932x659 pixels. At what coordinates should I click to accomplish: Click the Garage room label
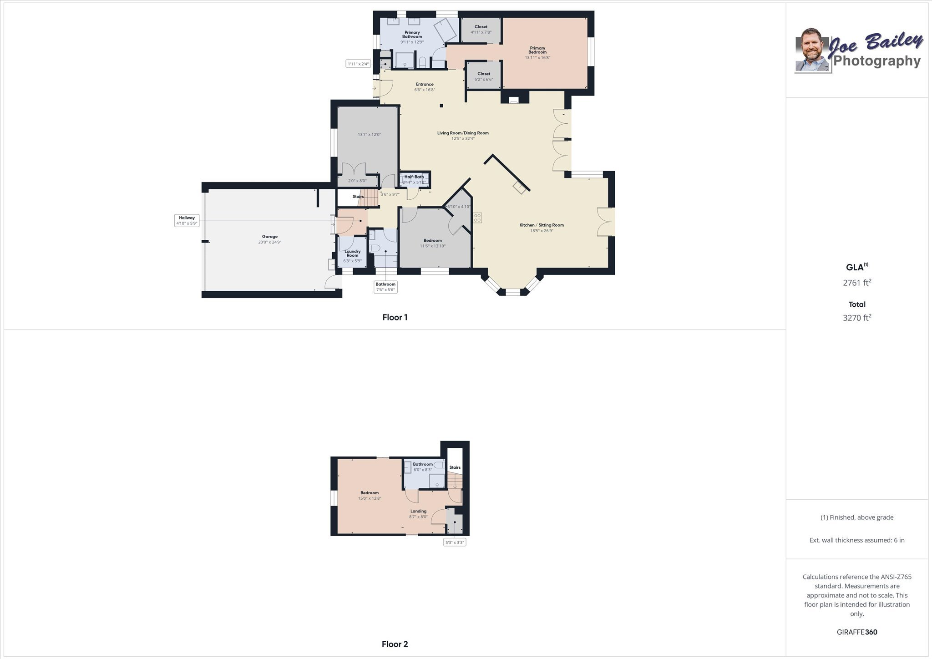[x=270, y=237]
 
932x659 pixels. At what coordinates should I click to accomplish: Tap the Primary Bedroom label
[x=537, y=50]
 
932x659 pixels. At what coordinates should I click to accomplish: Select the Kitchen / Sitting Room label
[x=542, y=225]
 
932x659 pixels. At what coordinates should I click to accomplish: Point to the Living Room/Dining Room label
[x=463, y=133]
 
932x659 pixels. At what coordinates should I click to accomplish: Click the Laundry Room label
[x=353, y=253]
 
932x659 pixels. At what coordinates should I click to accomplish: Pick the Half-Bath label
[x=414, y=177]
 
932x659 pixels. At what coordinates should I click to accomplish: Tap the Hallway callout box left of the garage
[x=187, y=221]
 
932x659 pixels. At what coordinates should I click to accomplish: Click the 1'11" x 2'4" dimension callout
[x=359, y=64]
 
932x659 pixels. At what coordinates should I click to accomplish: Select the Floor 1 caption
[x=395, y=318]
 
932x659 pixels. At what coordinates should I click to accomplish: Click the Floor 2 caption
[x=395, y=644]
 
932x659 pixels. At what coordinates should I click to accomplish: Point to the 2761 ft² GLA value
[x=857, y=283]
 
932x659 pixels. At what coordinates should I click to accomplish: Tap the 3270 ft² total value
[x=857, y=318]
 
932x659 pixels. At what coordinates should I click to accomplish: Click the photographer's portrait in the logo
[x=812, y=50]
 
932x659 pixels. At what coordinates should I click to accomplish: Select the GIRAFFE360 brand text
[x=857, y=632]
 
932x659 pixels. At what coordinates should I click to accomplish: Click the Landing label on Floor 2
[x=419, y=511]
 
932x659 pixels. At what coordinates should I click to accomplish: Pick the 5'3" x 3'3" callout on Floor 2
[x=455, y=542]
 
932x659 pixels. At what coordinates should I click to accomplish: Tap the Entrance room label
[x=425, y=84]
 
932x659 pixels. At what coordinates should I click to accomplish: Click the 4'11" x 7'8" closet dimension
[x=481, y=32]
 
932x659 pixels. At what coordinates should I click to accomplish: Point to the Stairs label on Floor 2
[x=455, y=467]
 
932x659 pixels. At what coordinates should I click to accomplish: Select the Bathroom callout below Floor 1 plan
[x=385, y=287]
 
